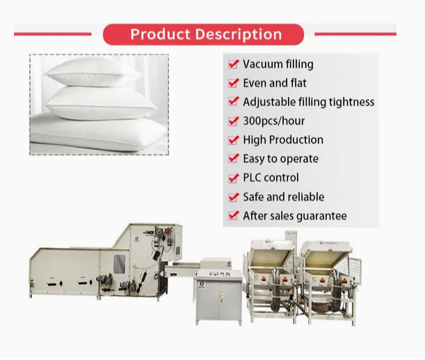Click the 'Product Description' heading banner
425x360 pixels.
[204, 34]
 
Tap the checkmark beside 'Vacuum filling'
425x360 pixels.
[234, 64]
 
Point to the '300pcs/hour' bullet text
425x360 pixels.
[274, 120]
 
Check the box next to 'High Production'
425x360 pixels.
[234, 140]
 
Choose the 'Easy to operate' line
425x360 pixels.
[280, 159]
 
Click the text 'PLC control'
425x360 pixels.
[271, 178]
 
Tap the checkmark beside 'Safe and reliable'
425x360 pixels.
[234, 197]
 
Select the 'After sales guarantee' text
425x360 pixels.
[294, 216]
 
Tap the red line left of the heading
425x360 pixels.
[53, 33]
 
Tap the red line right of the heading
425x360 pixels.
[355, 33]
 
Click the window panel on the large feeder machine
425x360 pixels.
[119, 263]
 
